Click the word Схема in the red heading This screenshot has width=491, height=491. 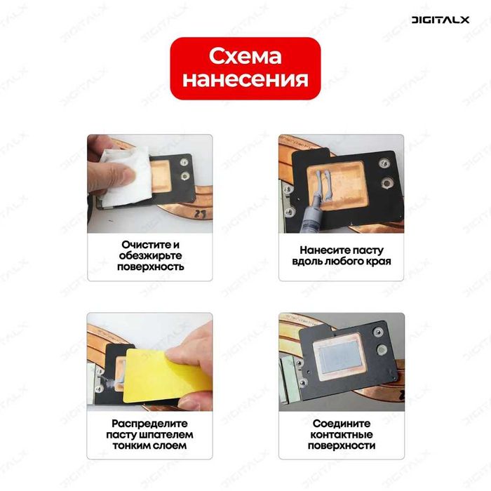point(245,56)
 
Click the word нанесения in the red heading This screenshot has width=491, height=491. point(245,79)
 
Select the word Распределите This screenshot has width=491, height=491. point(151,424)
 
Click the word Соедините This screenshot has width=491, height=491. point(342,424)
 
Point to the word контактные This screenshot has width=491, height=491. point(342,434)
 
